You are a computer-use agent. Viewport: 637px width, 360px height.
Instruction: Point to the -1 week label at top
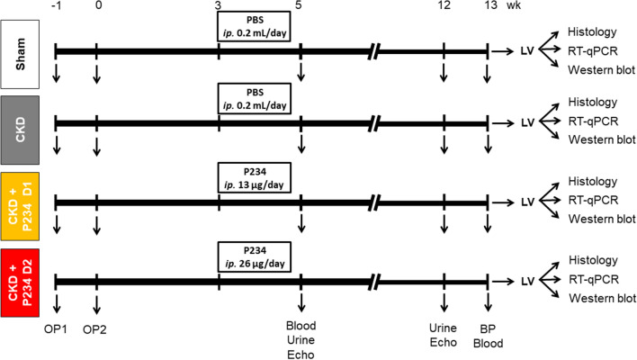(56, 7)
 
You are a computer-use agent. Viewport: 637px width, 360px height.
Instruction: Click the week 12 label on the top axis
(444, 7)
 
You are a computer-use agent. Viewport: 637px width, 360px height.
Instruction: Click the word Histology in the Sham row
(591, 30)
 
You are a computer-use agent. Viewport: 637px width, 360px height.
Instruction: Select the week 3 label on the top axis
(220, 7)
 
